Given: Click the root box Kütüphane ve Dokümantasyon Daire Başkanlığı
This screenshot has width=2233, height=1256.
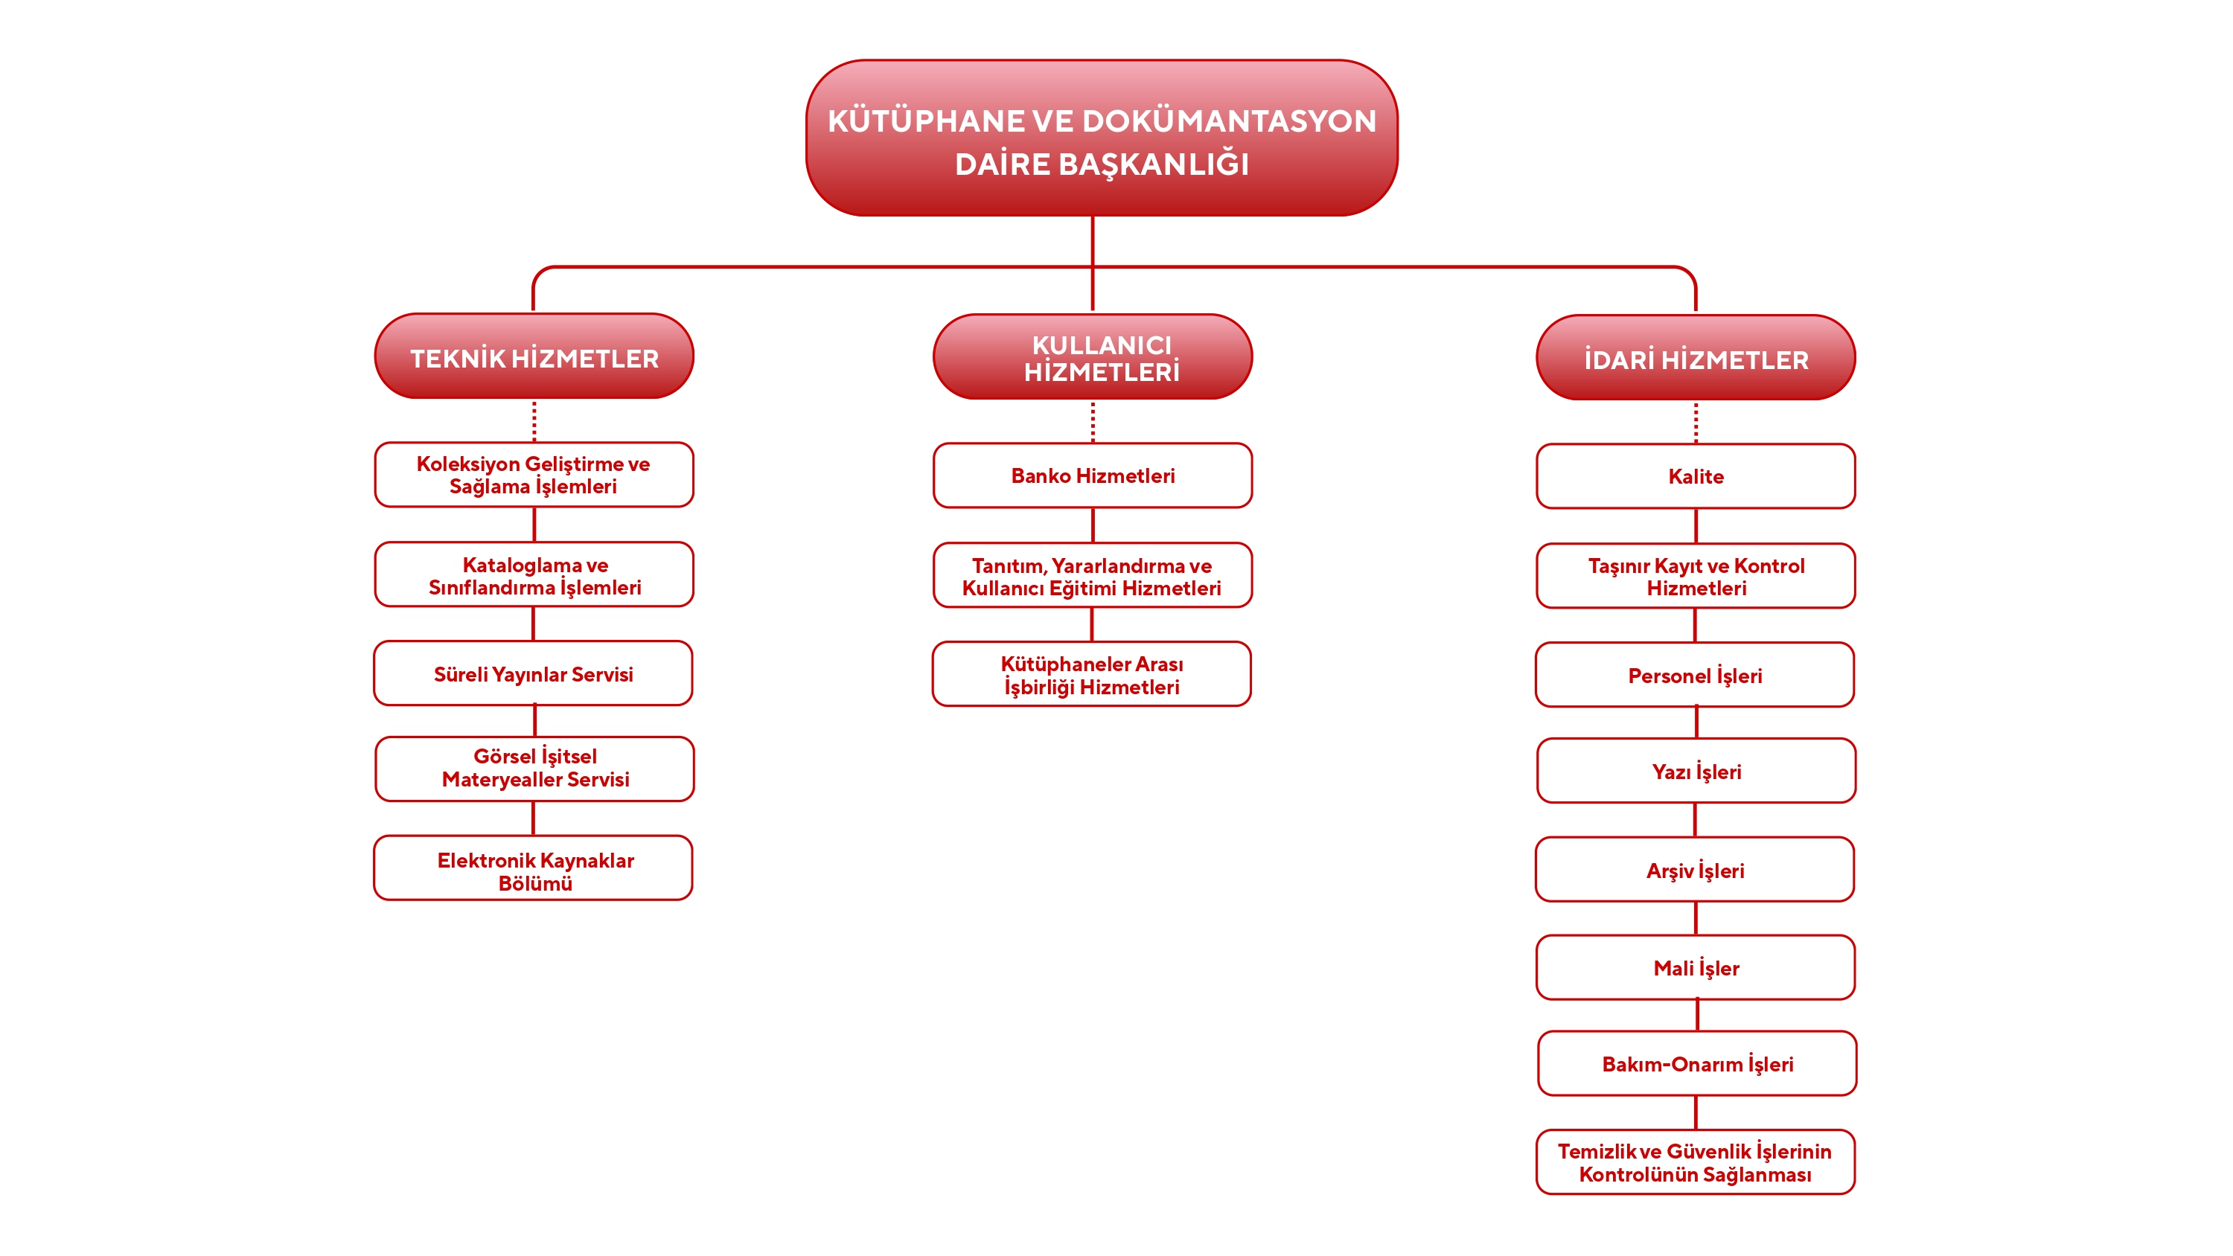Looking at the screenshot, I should tap(1101, 138).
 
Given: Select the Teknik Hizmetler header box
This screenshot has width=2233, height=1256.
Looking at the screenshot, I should tap(534, 357).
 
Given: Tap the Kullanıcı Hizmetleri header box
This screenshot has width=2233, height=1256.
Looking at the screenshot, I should tap(1092, 357).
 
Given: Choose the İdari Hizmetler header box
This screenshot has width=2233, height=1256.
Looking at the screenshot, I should tap(1696, 358).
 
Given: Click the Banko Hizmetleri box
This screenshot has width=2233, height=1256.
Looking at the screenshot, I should tap(1092, 475).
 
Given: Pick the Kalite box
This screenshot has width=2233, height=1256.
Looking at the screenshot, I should tap(1696, 476).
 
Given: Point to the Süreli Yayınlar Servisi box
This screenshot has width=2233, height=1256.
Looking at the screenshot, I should tap(533, 673).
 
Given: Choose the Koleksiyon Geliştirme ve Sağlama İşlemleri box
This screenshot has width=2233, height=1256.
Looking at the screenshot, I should tap(534, 475).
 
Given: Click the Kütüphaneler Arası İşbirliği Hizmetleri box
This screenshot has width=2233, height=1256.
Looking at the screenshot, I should tap(1091, 674).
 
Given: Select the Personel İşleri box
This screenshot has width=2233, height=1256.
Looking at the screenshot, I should tap(1695, 675).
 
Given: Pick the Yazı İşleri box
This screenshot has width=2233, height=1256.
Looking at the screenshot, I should tap(1696, 771).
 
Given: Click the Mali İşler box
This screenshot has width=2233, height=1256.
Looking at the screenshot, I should tap(1696, 967).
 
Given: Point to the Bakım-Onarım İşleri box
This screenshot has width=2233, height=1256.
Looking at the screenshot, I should tap(1697, 1063).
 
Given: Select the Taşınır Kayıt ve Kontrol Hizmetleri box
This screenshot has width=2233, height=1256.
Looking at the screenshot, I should tap(1696, 577).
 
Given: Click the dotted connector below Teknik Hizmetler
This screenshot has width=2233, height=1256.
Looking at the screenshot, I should tap(534, 421).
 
